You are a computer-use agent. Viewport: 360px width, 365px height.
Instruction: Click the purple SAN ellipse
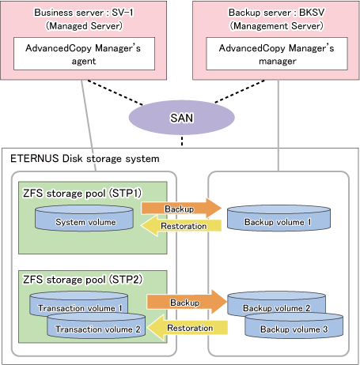(181, 118)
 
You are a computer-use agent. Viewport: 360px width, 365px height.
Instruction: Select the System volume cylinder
(84, 218)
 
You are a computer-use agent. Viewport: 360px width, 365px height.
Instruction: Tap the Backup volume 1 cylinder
(279, 218)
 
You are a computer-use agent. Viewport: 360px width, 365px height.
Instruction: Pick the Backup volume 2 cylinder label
(276, 308)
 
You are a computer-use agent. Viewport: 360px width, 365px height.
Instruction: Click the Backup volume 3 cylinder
(294, 325)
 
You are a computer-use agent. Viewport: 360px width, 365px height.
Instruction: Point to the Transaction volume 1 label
(80, 308)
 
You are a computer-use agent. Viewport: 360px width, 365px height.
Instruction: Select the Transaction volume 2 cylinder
(97, 325)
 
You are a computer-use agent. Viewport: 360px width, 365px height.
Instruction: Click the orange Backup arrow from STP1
(181, 209)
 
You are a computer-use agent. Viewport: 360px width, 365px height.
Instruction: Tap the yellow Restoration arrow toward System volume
(181, 226)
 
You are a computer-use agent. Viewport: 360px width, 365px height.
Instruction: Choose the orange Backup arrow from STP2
(187, 302)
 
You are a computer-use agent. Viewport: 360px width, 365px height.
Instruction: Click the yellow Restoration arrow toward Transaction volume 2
(188, 328)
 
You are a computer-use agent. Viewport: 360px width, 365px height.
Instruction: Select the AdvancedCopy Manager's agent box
(84, 54)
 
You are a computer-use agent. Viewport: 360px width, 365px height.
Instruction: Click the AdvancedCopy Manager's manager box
(277, 54)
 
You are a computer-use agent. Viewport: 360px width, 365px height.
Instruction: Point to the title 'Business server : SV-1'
(84, 13)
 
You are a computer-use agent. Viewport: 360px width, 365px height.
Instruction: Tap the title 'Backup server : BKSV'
(276, 13)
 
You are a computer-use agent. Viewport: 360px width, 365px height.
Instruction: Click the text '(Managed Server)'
(84, 26)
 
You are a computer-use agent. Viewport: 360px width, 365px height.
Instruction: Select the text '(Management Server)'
(276, 26)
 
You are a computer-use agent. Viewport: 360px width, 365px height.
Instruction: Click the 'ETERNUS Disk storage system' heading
(85, 159)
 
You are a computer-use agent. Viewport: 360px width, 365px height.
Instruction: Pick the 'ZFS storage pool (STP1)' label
(82, 193)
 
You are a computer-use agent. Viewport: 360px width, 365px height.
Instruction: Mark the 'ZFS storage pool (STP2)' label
(82, 280)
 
